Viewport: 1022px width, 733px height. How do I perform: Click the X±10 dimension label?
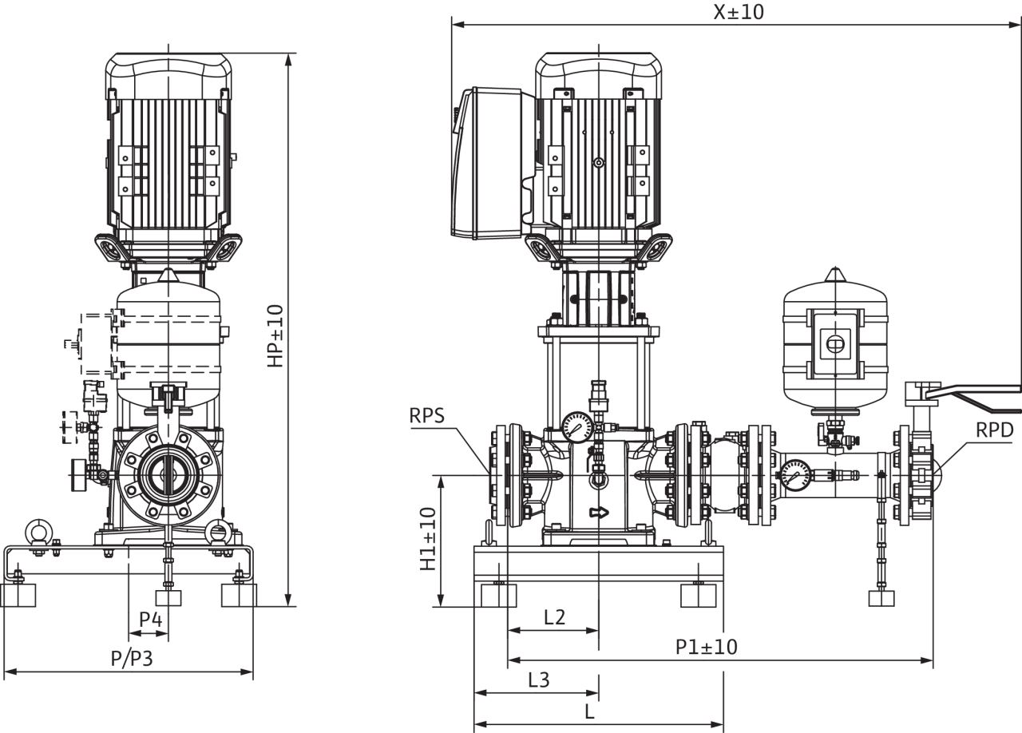(739, 12)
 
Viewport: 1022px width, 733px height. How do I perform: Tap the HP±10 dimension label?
(275, 336)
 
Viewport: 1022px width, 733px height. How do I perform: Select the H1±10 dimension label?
(428, 539)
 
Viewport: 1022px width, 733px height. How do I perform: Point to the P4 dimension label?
(151, 620)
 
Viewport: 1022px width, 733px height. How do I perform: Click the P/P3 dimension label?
(132, 658)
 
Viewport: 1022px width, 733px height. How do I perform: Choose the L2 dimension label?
(555, 617)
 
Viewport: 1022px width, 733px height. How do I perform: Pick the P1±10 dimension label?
(707, 647)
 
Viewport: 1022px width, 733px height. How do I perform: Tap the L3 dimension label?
(539, 680)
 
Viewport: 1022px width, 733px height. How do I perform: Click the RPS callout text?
(426, 416)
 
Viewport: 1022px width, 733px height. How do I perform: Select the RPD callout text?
(995, 430)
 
